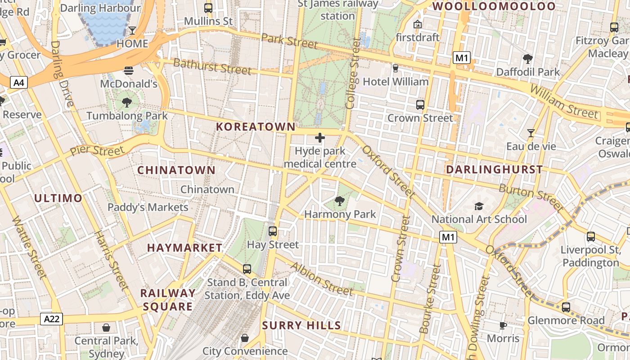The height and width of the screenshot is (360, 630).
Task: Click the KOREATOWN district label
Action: (x=256, y=127)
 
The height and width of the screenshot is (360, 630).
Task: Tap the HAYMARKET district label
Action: (x=184, y=248)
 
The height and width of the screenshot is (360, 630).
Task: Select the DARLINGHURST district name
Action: (x=494, y=170)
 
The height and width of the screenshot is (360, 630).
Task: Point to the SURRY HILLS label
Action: (x=301, y=325)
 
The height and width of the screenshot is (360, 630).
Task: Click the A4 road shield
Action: (x=19, y=82)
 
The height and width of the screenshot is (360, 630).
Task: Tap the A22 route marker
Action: (x=52, y=319)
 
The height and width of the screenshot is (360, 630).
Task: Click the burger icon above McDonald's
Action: (x=129, y=70)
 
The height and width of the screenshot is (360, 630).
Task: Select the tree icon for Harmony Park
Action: (x=340, y=201)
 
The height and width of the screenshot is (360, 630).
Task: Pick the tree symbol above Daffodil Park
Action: (x=528, y=58)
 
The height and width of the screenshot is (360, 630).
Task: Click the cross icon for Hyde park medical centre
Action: (x=320, y=137)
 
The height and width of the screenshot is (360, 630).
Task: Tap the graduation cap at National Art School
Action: (x=479, y=206)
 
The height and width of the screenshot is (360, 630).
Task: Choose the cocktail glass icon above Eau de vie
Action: (x=531, y=133)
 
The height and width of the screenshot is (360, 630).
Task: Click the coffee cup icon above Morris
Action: (x=503, y=325)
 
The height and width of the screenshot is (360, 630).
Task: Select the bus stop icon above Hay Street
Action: (x=273, y=231)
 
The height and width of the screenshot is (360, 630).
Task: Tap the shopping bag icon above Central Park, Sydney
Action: (x=106, y=327)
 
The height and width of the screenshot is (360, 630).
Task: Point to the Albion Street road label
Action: (x=321, y=279)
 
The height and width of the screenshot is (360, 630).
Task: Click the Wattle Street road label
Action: (x=29, y=247)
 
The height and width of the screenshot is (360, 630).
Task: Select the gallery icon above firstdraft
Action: (x=418, y=24)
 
